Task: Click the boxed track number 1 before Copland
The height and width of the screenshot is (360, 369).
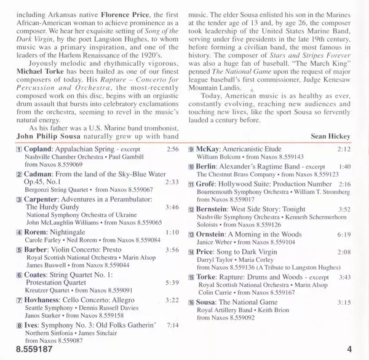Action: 19,167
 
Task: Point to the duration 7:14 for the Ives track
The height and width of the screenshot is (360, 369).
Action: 172,324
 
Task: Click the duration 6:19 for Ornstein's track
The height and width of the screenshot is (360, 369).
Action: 343,235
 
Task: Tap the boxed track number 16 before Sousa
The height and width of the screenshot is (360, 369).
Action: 191,302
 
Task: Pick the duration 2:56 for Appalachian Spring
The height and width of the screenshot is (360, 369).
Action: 172,167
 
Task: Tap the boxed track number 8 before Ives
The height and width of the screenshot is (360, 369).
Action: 19,324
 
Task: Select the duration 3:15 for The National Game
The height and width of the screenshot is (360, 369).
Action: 343,302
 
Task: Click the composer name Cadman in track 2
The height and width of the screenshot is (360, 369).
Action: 39,192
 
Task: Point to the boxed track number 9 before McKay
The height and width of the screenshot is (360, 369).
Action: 191,166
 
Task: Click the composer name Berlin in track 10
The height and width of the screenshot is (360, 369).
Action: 210,167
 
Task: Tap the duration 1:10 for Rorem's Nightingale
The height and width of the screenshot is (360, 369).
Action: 172,233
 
